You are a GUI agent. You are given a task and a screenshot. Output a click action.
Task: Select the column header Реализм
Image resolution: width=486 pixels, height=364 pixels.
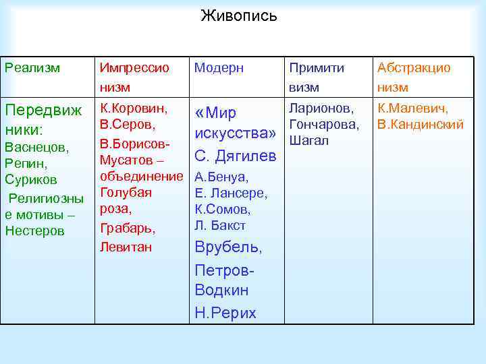[32, 68]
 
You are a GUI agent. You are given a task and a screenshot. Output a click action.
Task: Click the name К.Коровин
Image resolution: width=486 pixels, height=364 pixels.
[134, 108]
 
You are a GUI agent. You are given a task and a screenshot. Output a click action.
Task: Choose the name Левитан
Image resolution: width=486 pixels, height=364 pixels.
[126, 247]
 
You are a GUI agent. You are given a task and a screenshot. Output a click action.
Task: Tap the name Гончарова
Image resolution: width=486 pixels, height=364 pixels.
[323, 125]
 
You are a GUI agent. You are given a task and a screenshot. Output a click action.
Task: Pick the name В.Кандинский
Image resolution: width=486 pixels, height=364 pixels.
[421, 125]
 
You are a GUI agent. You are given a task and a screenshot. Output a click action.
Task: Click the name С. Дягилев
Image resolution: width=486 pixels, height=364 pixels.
[235, 157]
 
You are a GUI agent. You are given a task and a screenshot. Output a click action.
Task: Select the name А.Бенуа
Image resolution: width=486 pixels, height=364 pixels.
[221, 178]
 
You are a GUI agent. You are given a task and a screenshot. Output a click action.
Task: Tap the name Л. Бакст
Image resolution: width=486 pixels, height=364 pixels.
[220, 226]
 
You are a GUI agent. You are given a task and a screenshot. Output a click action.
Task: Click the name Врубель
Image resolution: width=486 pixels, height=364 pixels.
[227, 247]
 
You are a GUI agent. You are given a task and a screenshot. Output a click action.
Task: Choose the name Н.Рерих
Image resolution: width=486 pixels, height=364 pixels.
[225, 313]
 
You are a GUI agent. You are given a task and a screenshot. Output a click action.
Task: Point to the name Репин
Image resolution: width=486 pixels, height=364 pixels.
[24, 164]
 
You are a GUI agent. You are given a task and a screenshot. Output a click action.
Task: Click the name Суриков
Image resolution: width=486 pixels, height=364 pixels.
[30, 181]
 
